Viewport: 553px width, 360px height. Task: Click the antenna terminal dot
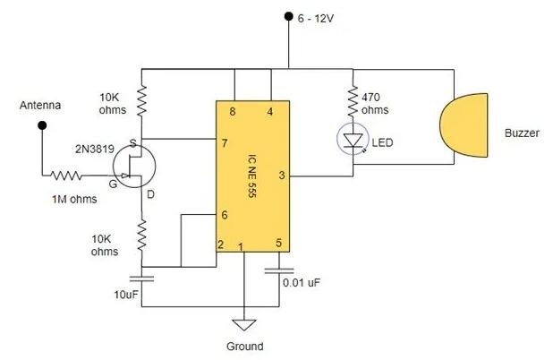click(x=41, y=126)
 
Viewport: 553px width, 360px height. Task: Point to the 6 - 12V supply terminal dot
click(x=287, y=15)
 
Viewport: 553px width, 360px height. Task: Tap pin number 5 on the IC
click(x=278, y=244)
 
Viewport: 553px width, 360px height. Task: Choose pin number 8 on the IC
click(x=234, y=111)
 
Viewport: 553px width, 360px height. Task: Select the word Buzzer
click(x=522, y=133)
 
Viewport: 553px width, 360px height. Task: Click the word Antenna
click(x=40, y=106)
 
